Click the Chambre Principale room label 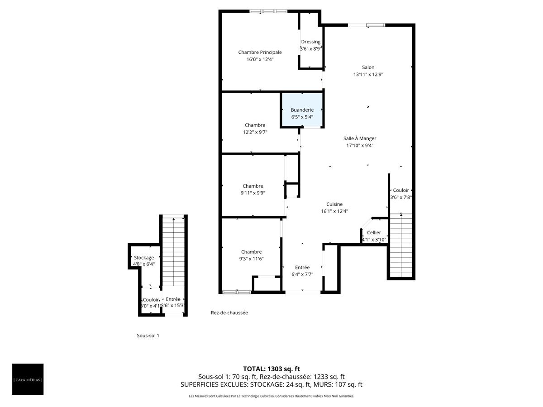pyautogui.click(x=260, y=52)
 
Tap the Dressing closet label pyautogui.click(x=310, y=42)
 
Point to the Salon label pyautogui.click(x=368, y=67)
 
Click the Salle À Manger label pyautogui.click(x=360, y=139)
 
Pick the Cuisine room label pyautogui.click(x=334, y=204)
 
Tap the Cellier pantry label pyautogui.click(x=374, y=232)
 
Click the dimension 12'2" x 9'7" pyautogui.click(x=255, y=132)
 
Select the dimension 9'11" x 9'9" pyautogui.click(x=252, y=193)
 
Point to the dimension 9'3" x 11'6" pyautogui.click(x=251, y=259)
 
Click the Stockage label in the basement pyautogui.click(x=143, y=258)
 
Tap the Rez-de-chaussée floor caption pyautogui.click(x=229, y=313)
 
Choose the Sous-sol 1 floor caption pyautogui.click(x=148, y=336)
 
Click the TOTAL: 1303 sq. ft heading pyautogui.click(x=271, y=369)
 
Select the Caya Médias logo pyautogui.click(x=28, y=379)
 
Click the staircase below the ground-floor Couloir pyautogui.click(x=401, y=244)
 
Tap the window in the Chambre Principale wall pyautogui.click(x=269, y=11)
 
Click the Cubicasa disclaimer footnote pyautogui.click(x=271, y=396)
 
